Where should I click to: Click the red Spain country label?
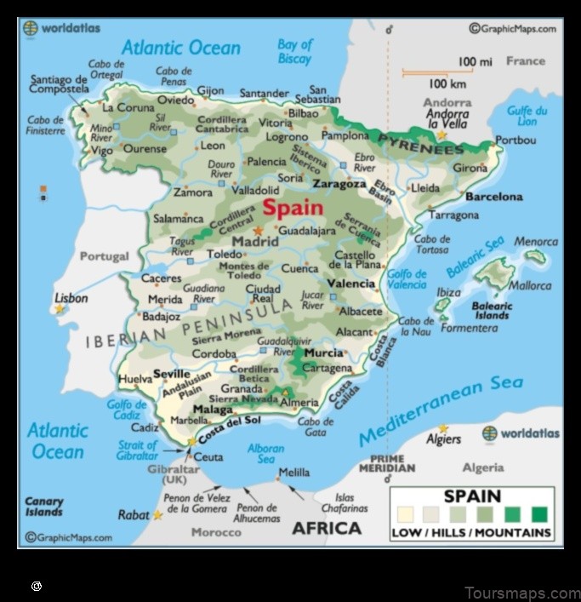tap(293, 207)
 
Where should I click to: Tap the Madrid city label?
tap(255, 242)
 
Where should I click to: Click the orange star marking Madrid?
tap(258, 230)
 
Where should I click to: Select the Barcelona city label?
tap(494, 197)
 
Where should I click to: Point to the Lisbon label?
tap(71, 298)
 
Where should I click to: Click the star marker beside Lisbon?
tap(60, 309)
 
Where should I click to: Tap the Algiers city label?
tap(443, 439)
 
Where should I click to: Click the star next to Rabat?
tap(158, 515)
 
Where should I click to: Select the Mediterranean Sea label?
tap(441, 410)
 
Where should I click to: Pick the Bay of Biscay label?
tap(295, 51)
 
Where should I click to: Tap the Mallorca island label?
tap(529, 286)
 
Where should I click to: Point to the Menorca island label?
tap(536, 242)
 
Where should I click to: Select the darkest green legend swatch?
tap(539, 513)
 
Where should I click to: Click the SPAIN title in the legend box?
tap(472, 496)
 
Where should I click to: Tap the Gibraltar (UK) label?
tap(174, 474)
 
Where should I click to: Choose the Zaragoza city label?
tap(339, 183)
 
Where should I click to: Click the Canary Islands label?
tap(44, 507)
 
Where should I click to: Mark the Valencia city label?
tap(351, 284)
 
